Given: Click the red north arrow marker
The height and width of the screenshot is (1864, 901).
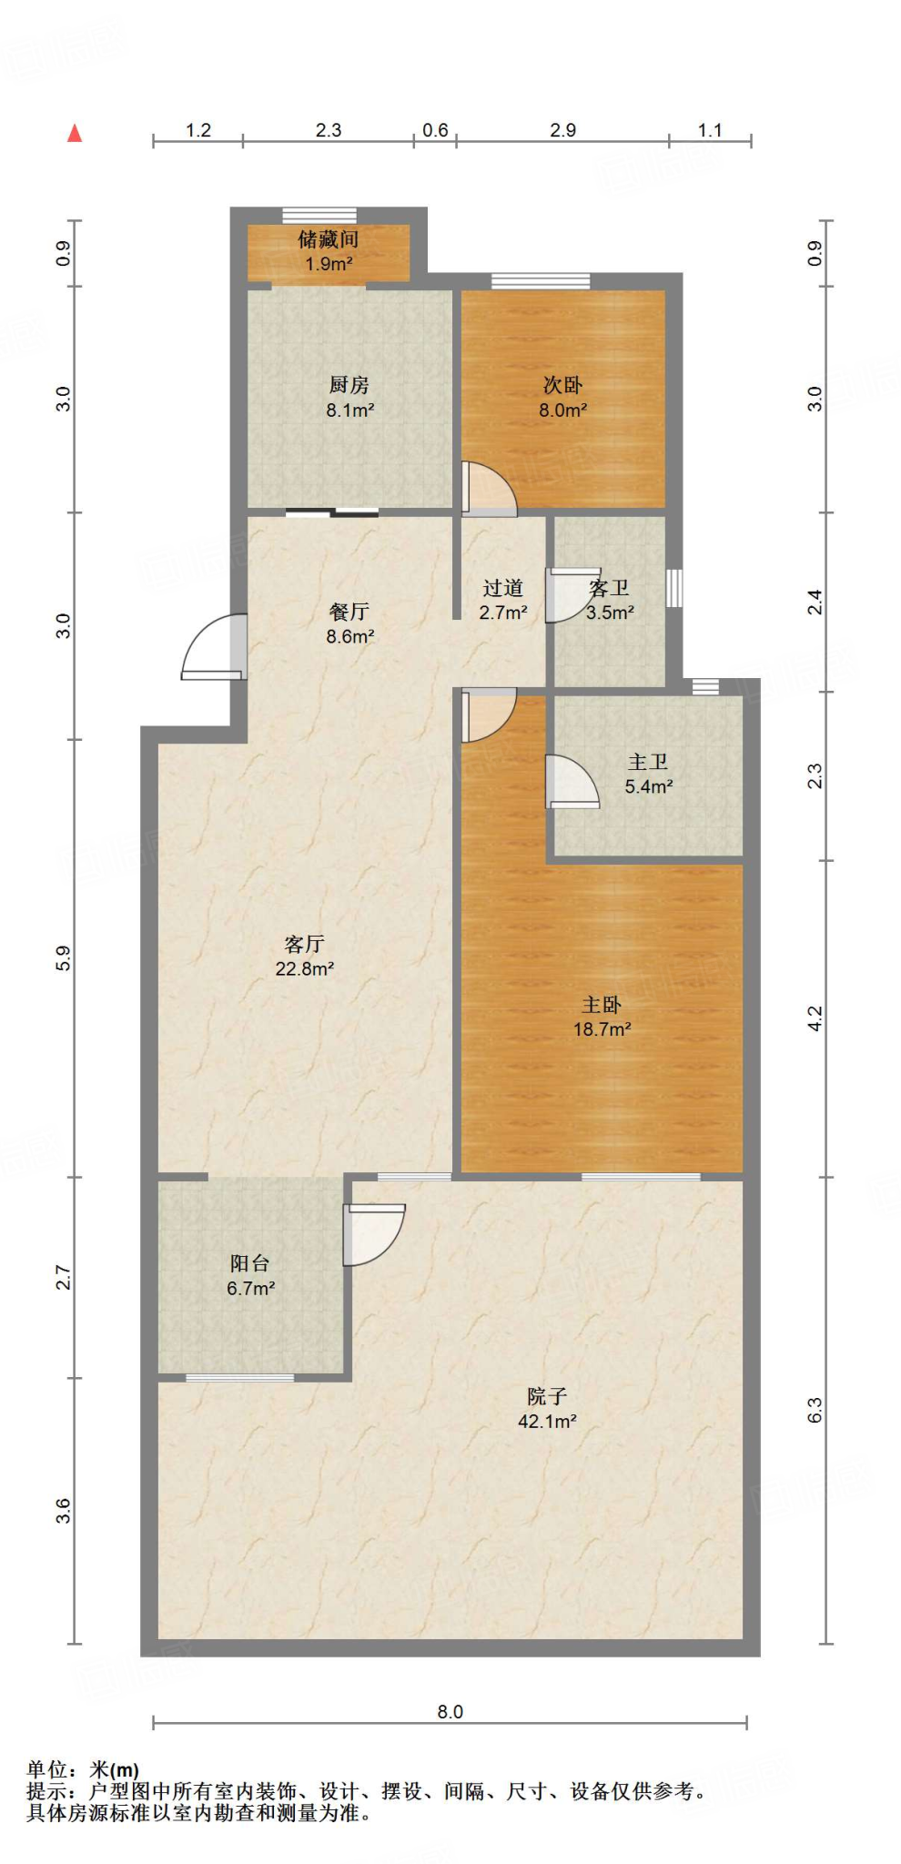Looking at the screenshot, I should [x=75, y=134].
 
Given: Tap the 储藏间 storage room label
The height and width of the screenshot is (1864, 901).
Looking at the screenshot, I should [x=328, y=239].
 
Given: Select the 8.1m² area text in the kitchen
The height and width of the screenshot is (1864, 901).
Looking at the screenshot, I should [x=350, y=410].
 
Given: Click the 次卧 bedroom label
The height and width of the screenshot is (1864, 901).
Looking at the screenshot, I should [x=562, y=385].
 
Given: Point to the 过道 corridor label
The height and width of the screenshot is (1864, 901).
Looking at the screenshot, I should [x=502, y=588].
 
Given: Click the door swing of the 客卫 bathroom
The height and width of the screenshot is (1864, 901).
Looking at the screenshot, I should [x=569, y=595].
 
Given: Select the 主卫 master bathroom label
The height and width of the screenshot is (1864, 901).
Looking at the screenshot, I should [x=648, y=762].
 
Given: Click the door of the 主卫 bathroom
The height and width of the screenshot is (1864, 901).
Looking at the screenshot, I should [x=571, y=782].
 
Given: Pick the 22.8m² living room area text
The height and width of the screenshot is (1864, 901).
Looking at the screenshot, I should [x=304, y=969].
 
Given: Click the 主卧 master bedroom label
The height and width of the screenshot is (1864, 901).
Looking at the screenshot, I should [x=602, y=1005].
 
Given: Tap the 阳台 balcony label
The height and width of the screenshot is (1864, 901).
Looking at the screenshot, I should [x=249, y=1263].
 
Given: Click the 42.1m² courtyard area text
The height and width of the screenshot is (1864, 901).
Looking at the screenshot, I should [x=547, y=1422].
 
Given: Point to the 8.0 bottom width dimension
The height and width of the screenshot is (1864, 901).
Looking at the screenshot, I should [x=450, y=1712].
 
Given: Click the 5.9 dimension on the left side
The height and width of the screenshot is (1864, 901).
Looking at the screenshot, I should [x=63, y=957].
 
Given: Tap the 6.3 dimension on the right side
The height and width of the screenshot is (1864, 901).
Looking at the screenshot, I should [x=815, y=1410].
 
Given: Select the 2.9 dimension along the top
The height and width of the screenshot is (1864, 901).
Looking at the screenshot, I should [x=562, y=130].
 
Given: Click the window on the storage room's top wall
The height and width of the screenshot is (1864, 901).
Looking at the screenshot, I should [x=319, y=216].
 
